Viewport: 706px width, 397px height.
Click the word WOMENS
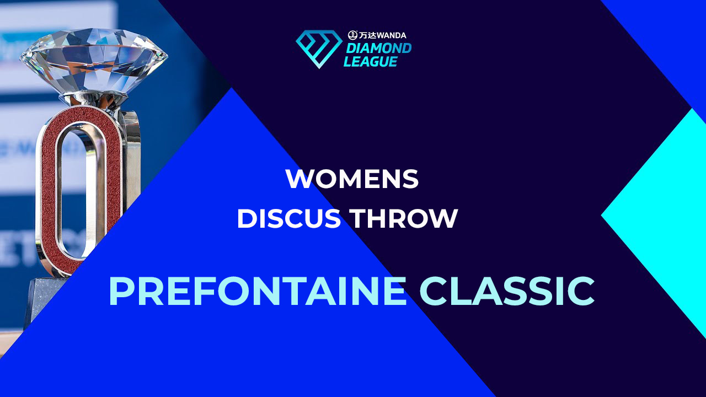click(x=352, y=179)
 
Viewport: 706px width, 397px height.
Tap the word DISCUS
click(x=289, y=218)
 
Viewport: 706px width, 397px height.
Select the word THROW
click(x=403, y=218)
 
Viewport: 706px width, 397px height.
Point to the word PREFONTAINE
click(x=258, y=291)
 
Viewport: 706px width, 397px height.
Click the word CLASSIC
click(x=507, y=291)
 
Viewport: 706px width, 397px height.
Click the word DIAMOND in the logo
click(x=378, y=49)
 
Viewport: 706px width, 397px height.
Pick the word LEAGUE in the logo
click(x=370, y=61)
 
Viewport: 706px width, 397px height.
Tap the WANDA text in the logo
click(x=391, y=35)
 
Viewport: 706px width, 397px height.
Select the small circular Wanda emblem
click(x=352, y=35)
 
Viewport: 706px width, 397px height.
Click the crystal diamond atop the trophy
click(x=94, y=61)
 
